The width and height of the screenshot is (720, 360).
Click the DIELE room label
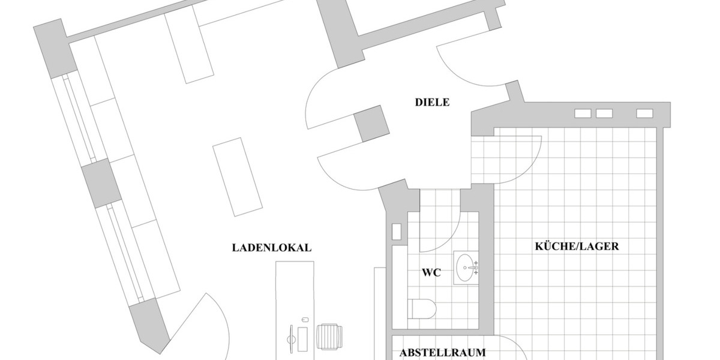click(432, 102)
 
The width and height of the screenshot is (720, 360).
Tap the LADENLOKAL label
click(272, 248)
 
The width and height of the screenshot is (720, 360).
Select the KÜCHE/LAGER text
click(577, 246)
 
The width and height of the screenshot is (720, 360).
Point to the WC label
click(431, 273)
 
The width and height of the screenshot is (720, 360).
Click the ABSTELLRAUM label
click(443, 352)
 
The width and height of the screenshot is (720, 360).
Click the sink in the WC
click(466, 267)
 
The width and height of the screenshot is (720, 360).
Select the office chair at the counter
click(328, 337)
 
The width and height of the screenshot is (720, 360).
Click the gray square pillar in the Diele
click(371, 123)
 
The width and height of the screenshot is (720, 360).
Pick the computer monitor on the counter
click(292, 338)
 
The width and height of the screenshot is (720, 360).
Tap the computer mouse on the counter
click(305, 319)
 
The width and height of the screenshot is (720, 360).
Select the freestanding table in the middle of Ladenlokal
click(238, 177)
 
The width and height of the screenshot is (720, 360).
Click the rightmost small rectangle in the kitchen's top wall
click(644, 113)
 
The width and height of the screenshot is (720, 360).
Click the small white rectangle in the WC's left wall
click(396, 232)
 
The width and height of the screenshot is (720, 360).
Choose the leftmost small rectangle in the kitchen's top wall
click(583, 113)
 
